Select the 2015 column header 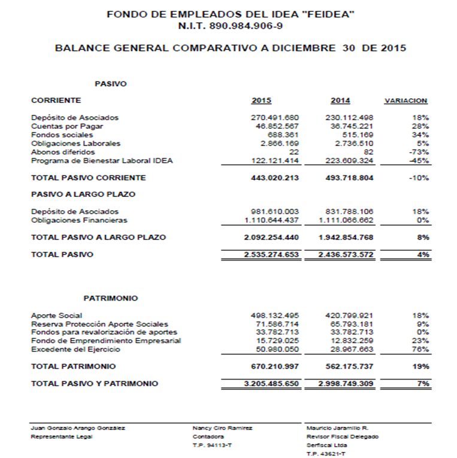[261, 101]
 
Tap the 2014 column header [340, 101]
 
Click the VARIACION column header [405, 101]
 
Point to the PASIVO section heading [111, 84]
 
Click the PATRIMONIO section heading [111, 298]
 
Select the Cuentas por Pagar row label [67, 126]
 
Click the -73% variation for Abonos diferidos [419, 152]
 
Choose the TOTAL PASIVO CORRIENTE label [88, 178]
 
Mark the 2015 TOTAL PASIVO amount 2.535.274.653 [271, 254]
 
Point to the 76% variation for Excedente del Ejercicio [420, 349]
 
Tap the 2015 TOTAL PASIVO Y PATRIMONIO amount [271, 383]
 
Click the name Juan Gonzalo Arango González [78, 428]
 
